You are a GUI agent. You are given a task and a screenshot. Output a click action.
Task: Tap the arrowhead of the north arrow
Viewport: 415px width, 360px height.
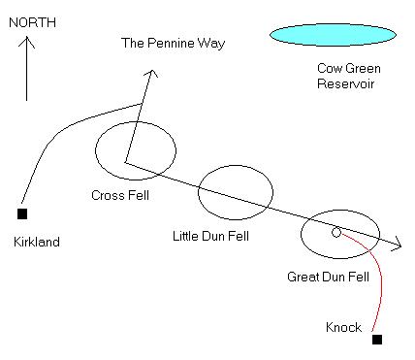click(27, 40)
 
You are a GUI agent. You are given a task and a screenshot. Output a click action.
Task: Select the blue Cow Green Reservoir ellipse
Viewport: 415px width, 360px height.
click(333, 35)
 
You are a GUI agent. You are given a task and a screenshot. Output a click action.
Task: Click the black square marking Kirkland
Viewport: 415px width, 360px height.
click(22, 213)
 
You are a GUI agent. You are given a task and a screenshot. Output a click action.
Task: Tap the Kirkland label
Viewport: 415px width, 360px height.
click(37, 242)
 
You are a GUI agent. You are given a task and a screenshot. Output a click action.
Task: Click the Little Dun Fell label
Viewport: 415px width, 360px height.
click(209, 236)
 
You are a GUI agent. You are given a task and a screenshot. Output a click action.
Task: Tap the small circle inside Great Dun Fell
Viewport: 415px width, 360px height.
click(336, 232)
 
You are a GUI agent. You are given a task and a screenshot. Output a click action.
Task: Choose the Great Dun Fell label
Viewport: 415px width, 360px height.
click(328, 277)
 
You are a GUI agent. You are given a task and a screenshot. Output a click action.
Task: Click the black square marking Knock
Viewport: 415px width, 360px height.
click(377, 339)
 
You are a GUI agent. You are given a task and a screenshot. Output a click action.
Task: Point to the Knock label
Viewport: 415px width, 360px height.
click(342, 328)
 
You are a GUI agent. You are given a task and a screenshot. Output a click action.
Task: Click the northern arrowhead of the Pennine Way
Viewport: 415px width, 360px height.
click(149, 75)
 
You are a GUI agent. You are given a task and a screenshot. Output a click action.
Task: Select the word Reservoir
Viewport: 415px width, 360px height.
click(343, 83)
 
